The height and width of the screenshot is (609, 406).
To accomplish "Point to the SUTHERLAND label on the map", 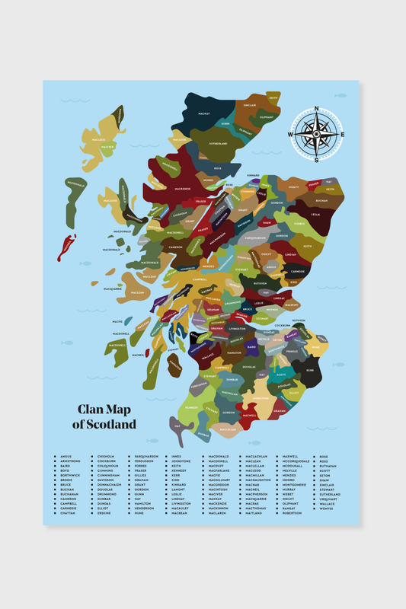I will pyautogui.click(x=219, y=143).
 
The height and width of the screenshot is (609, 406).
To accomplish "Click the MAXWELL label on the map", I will pyautogui.click(x=249, y=416).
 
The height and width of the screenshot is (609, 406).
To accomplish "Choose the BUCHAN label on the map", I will pyautogui.click(x=321, y=201).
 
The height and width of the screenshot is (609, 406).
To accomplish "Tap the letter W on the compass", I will pyautogui.click(x=290, y=136).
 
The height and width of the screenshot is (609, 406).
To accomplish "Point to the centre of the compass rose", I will pyautogui.click(x=316, y=136).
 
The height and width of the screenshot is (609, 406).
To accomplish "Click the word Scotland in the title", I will pyautogui.click(x=109, y=424).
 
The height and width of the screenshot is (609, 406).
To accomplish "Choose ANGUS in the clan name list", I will pyautogui.click(x=65, y=457).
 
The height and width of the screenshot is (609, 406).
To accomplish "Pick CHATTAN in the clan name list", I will pyautogui.click(x=67, y=513).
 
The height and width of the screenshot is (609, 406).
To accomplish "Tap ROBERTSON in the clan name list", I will pyautogui.click(x=292, y=513).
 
